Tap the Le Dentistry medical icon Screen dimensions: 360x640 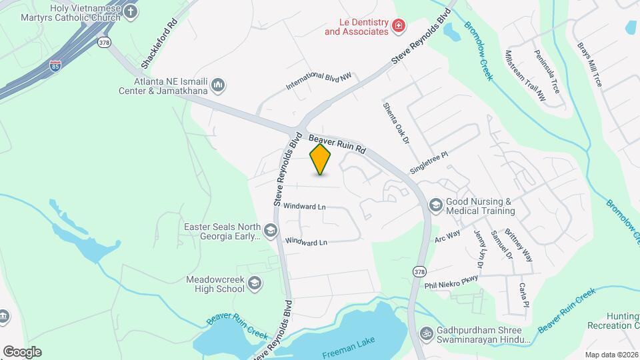click(399, 26)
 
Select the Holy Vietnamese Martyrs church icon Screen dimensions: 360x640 click(131, 11)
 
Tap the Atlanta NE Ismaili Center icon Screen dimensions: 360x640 click(218, 85)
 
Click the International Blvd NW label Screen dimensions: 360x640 click(318, 82)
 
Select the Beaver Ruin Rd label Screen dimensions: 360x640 click(338, 142)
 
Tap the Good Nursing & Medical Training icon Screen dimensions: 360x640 click(436, 205)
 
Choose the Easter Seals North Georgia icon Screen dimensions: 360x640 click(270, 231)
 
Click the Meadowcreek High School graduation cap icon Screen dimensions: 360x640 click(254, 284)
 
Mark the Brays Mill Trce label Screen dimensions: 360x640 click(589, 66)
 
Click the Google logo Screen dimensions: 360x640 click(22, 352)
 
